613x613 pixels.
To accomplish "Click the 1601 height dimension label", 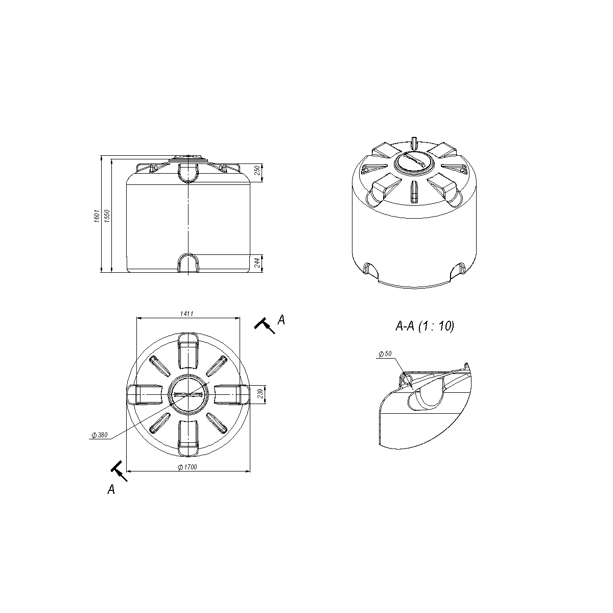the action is [x=97, y=216].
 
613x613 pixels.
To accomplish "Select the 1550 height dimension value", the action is [x=107, y=216].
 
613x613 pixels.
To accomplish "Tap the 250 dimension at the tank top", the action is [x=257, y=170].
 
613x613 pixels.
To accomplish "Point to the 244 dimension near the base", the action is [x=257, y=263].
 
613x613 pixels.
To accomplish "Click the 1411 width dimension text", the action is [x=187, y=314].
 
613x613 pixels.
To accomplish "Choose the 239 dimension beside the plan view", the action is [x=260, y=393].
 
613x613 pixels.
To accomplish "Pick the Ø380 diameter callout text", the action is [x=100, y=435].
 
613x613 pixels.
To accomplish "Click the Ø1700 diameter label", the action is [x=187, y=467].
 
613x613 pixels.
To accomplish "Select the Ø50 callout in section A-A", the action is [x=385, y=353].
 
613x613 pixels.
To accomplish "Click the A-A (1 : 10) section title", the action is [x=425, y=326].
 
